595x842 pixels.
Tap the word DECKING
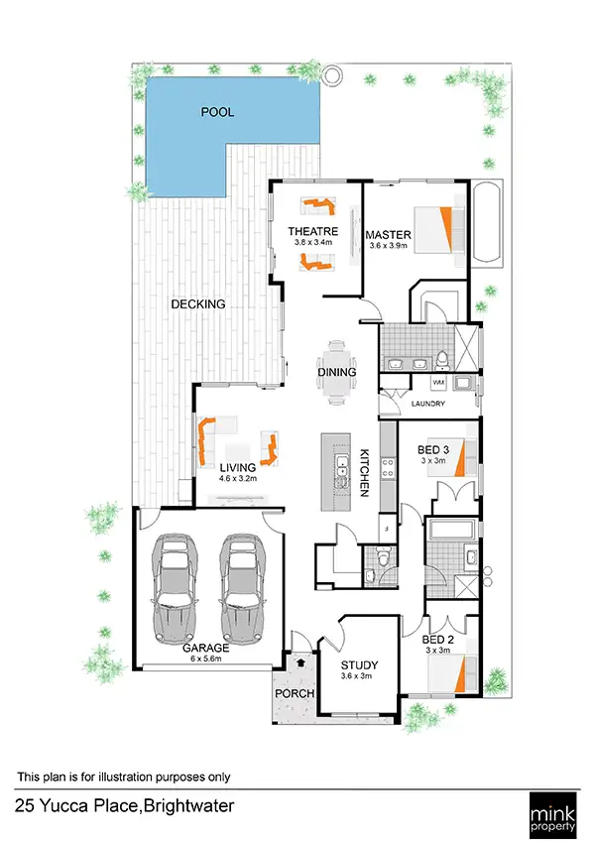click(x=197, y=304)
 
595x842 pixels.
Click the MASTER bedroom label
click(x=387, y=235)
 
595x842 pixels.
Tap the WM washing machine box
click(x=438, y=382)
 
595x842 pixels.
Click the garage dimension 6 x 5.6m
click(x=208, y=658)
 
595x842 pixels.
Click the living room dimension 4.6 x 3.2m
click(x=238, y=478)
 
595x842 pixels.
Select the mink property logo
click(x=555, y=811)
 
